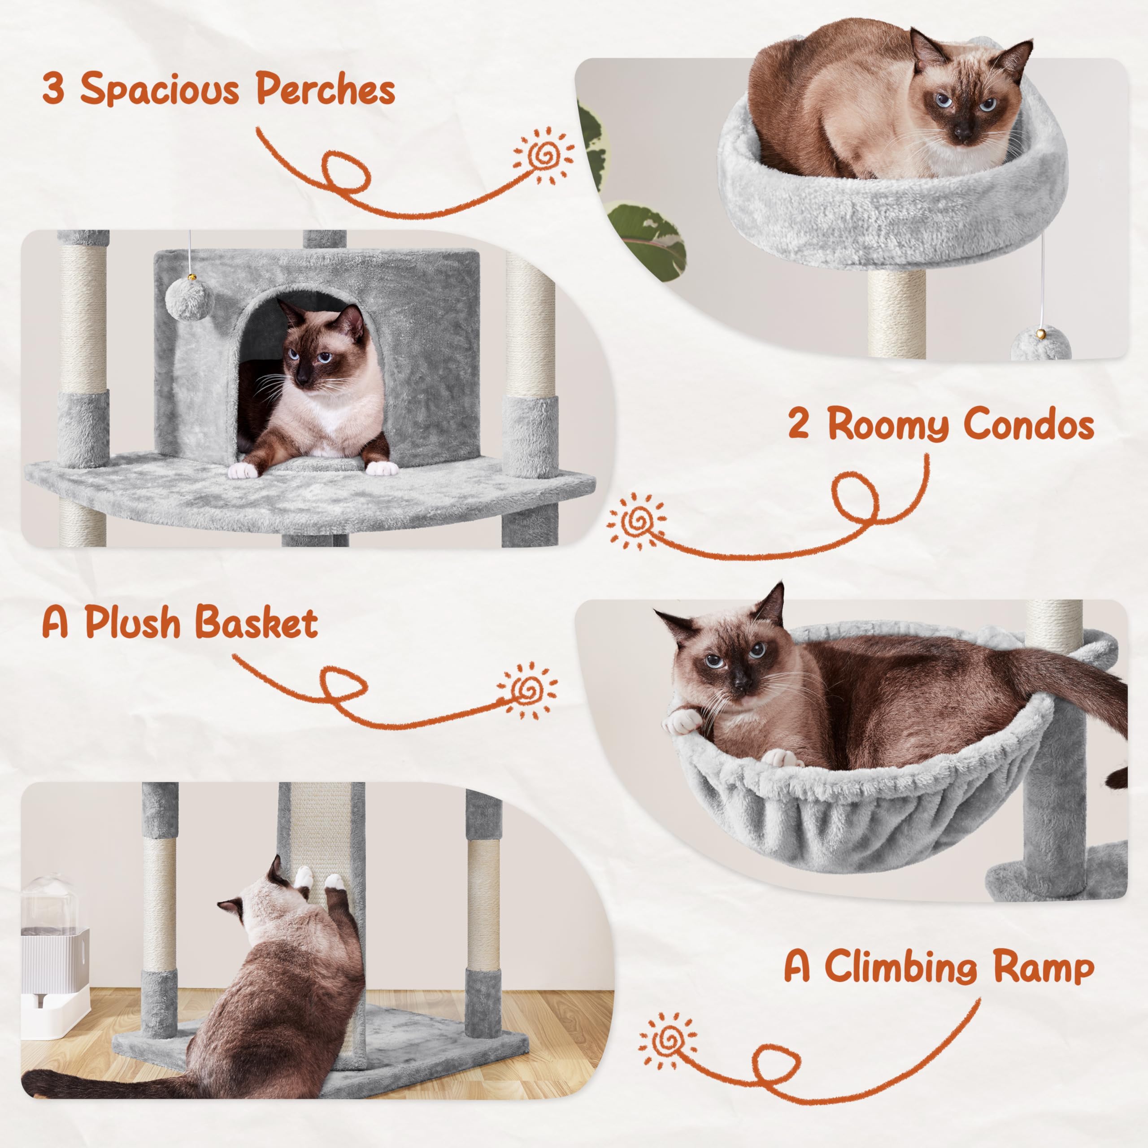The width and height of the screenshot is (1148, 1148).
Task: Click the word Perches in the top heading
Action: (326, 90)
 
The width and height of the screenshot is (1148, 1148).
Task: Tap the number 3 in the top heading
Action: (53, 89)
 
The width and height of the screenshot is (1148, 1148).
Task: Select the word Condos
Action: (1028, 426)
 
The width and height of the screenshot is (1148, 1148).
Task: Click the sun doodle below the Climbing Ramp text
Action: (668, 1042)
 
